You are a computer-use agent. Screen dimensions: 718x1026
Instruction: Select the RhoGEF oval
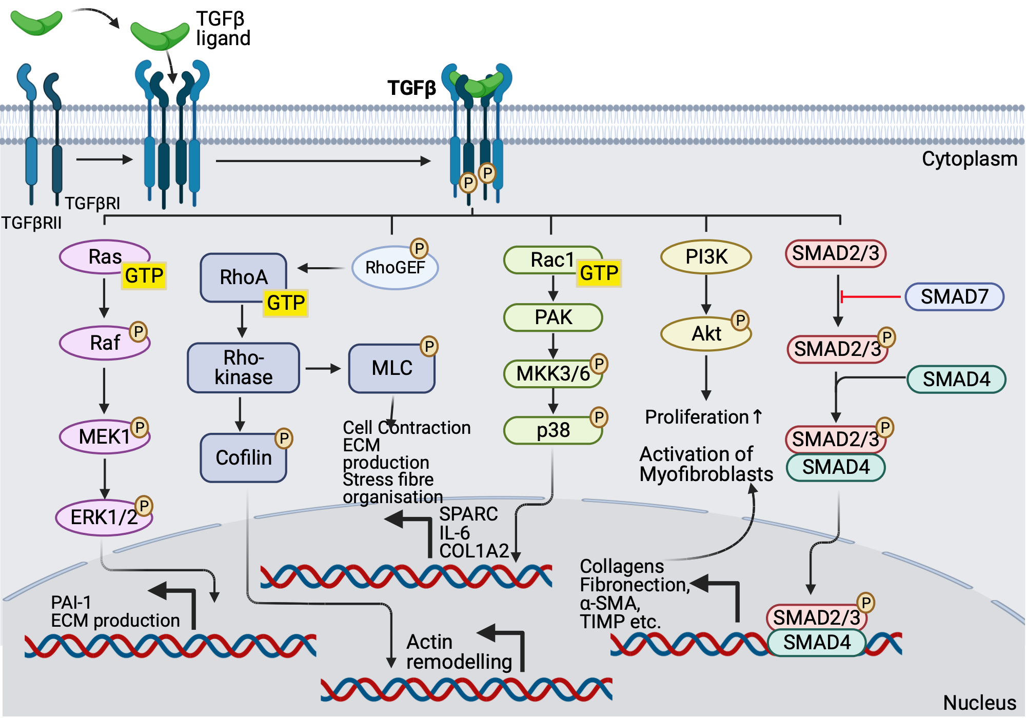click(394, 268)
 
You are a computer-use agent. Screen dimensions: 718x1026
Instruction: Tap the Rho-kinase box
click(243, 368)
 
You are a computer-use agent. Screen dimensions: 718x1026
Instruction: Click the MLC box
click(391, 368)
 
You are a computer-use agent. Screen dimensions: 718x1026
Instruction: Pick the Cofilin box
click(243, 457)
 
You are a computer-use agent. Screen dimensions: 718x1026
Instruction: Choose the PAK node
click(553, 317)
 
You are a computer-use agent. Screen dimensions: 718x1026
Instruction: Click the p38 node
click(553, 430)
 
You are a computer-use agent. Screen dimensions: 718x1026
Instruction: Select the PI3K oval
click(706, 256)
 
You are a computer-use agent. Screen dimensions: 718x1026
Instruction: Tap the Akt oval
click(706, 334)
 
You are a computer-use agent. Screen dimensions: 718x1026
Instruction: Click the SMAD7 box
click(954, 296)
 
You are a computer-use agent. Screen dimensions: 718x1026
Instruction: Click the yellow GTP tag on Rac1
click(599, 273)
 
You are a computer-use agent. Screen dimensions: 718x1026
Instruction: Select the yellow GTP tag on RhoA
click(286, 303)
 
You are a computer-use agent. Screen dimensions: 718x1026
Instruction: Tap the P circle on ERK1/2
click(144, 506)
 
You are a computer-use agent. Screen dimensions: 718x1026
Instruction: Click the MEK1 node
click(104, 437)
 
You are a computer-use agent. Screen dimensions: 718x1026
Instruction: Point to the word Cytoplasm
click(969, 159)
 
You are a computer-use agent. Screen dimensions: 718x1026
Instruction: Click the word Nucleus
click(979, 703)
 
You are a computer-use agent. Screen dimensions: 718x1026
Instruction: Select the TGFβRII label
click(31, 223)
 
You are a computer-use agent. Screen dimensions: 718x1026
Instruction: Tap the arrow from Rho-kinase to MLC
click(323, 368)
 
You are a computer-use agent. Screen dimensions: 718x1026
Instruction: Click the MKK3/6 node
click(553, 374)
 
